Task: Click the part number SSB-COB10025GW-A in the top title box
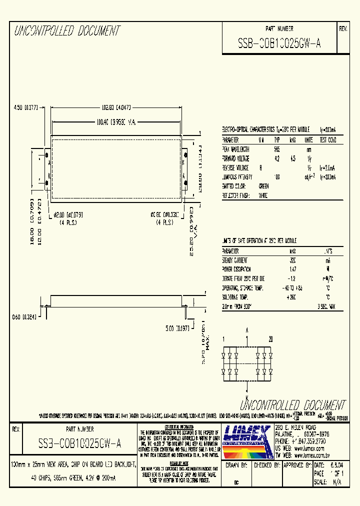279,43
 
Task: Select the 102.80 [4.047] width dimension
116,107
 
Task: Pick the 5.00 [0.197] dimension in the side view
177,328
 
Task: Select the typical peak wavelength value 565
276,149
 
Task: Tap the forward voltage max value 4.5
293,158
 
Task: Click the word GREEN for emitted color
263,186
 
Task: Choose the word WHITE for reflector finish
263,195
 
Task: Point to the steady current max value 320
293,260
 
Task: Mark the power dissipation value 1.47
293,270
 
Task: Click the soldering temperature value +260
293,297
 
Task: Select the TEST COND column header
328,140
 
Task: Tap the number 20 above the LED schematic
270,339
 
